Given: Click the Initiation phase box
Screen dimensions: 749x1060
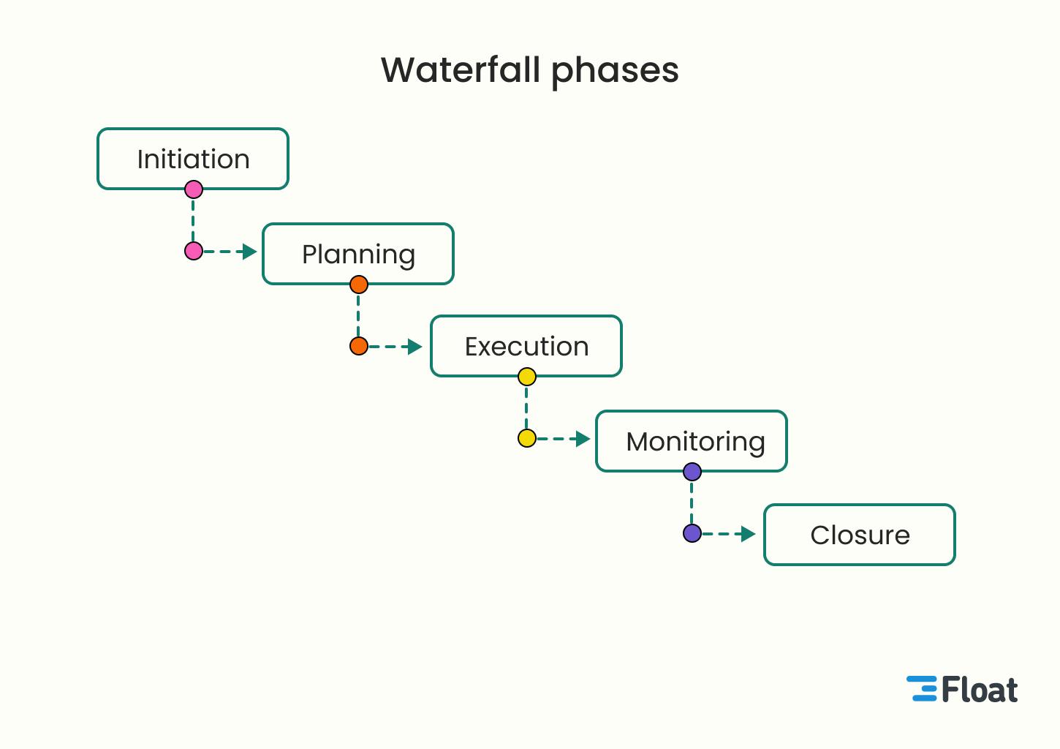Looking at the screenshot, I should point(193,159).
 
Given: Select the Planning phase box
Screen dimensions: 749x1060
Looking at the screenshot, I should point(358,254).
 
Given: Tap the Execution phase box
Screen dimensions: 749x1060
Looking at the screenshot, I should point(526,346).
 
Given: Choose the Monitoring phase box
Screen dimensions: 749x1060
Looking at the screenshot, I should point(692,441).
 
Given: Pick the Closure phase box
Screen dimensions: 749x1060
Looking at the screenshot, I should point(860,535).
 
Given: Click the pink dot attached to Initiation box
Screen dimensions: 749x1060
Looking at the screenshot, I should point(194,190).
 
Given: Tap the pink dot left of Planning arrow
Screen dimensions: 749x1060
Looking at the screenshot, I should point(194,252).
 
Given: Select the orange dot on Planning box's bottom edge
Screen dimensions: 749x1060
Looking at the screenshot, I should point(359,285).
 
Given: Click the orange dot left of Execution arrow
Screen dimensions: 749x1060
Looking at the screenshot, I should point(359,346).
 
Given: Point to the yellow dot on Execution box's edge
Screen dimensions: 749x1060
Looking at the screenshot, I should point(527,377).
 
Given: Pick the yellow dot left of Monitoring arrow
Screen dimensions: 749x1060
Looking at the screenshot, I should point(527,439).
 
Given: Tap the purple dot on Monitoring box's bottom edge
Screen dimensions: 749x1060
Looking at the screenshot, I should point(692,472).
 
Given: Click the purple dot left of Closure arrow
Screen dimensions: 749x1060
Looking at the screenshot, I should point(692,533).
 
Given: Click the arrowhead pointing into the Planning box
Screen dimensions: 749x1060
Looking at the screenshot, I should point(250,252).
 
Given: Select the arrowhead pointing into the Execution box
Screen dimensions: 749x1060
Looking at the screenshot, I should point(415,347).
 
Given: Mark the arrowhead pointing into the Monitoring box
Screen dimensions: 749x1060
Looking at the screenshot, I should point(583,439).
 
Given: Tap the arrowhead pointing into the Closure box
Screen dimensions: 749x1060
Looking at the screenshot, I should point(748,534).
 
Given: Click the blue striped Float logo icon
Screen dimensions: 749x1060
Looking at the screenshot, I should point(922,689).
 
